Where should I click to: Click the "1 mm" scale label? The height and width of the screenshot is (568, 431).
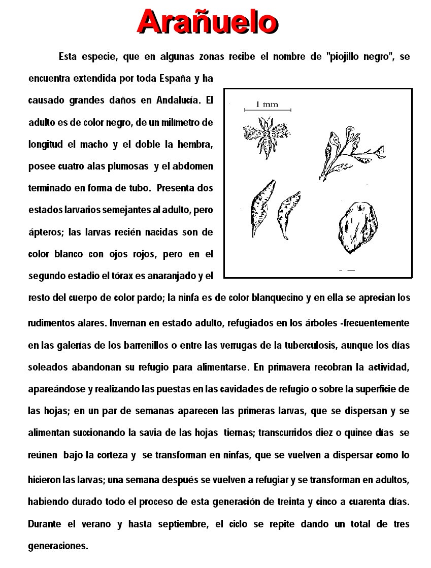click(x=267, y=104)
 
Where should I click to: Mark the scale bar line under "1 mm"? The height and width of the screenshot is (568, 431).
click(x=268, y=110)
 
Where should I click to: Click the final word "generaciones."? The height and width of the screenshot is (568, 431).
click(x=58, y=546)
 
